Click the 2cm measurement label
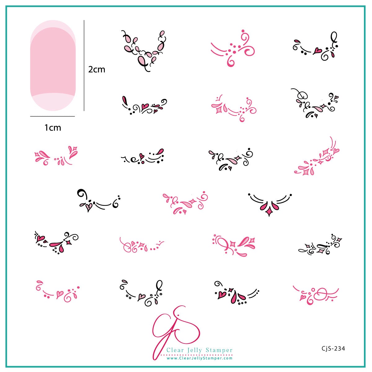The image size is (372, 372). click(97, 69)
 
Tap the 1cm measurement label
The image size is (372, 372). click(53, 127)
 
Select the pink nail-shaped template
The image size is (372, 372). click(53, 65)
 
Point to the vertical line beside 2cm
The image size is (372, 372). click(84, 65)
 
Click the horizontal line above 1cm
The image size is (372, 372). click(52, 116)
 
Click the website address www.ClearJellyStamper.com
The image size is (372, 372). click(200, 358)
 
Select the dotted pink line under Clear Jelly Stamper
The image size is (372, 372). click(198, 354)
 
